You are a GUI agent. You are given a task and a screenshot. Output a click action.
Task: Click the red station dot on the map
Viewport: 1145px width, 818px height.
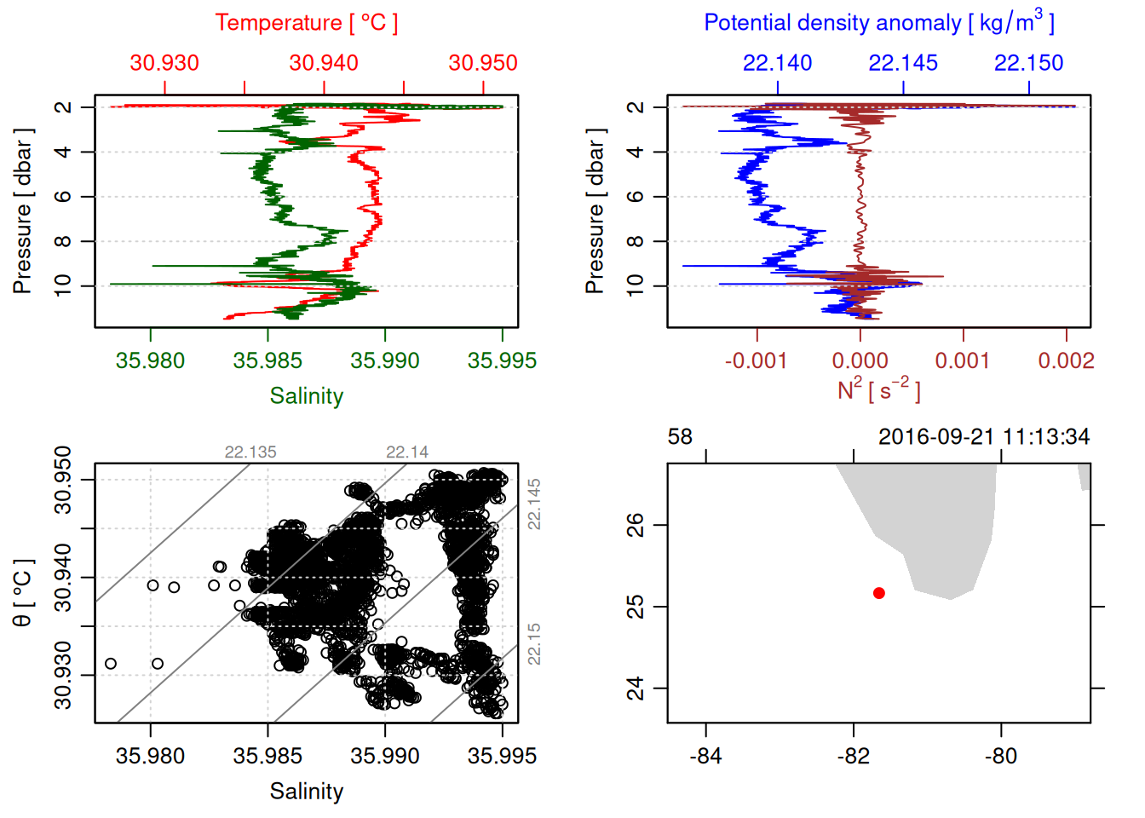coord(878,593)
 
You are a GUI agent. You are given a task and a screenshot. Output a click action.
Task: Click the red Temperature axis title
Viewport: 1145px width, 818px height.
coord(306,23)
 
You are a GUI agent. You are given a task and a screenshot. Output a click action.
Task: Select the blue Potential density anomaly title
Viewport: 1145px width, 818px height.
coord(878,23)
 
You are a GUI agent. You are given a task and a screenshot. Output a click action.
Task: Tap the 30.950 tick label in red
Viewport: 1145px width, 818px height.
coord(483,63)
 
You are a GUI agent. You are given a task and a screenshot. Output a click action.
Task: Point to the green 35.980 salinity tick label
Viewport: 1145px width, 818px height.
coord(150,360)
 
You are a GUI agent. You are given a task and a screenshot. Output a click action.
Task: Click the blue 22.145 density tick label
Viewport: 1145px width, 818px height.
coord(903,63)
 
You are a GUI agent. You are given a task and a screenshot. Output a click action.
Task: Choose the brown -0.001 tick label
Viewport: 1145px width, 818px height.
coord(756,360)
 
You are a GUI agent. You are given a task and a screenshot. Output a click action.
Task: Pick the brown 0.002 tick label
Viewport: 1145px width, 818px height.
coord(1066,360)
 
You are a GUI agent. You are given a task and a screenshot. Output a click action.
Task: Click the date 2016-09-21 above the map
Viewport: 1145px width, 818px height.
coord(935,437)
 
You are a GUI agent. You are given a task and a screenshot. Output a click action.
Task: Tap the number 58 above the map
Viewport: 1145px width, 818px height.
coord(680,437)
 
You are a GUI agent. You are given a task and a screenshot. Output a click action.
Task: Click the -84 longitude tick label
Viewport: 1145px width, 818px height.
coord(705,756)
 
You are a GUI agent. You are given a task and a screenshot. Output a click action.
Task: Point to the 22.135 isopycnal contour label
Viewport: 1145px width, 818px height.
coord(250,452)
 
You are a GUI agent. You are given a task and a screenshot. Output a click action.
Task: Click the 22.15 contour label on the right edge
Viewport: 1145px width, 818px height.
coord(534,643)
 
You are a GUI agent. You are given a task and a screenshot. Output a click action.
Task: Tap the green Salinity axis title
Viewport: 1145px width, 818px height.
coord(306,396)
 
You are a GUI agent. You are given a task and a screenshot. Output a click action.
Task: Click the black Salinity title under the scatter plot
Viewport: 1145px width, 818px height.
coord(306,792)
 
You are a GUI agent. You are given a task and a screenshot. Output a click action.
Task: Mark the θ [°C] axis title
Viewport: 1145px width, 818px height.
coord(23,593)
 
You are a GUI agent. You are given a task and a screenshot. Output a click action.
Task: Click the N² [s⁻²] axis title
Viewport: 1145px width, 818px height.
coord(878,389)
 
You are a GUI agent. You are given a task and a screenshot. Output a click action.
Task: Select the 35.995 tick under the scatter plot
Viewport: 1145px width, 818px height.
coord(502,756)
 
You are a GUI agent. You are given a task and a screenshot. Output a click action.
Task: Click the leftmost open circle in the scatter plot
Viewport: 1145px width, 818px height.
coord(111,664)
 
